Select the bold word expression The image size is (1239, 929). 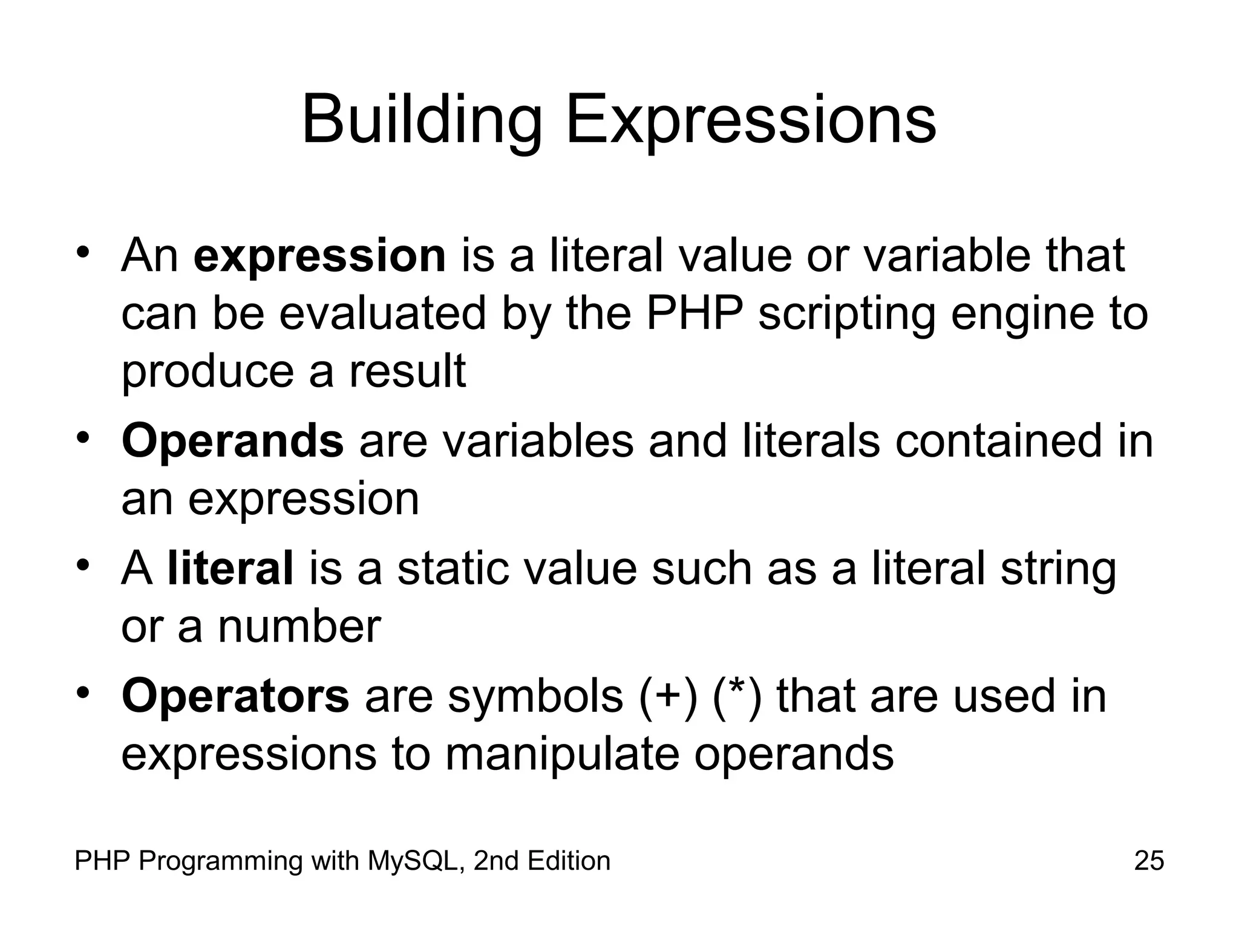(319, 256)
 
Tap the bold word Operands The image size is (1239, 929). (232, 442)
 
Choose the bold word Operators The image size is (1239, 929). (235, 696)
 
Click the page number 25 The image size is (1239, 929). (1149, 861)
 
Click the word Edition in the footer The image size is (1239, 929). (569, 861)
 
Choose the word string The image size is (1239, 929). (1058, 570)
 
